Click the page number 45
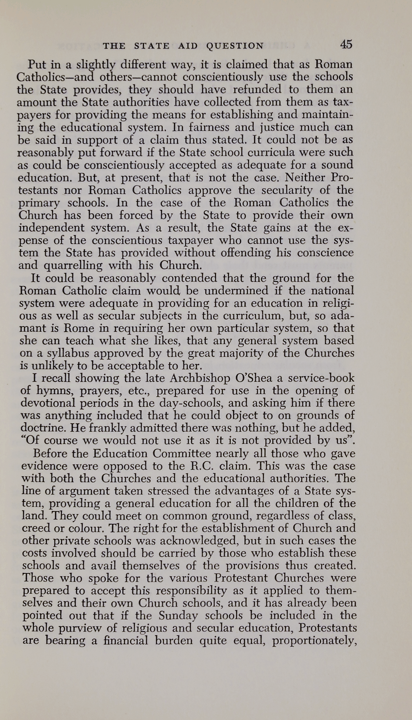346,44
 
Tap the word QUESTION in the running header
235,46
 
